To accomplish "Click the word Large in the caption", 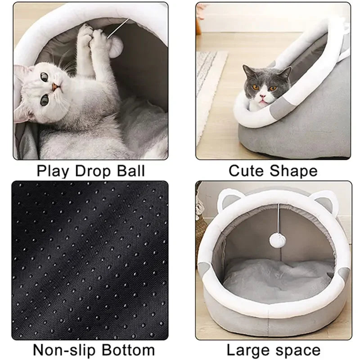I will (247, 350).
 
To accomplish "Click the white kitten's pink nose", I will (54, 86).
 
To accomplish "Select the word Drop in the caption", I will (91, 171).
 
